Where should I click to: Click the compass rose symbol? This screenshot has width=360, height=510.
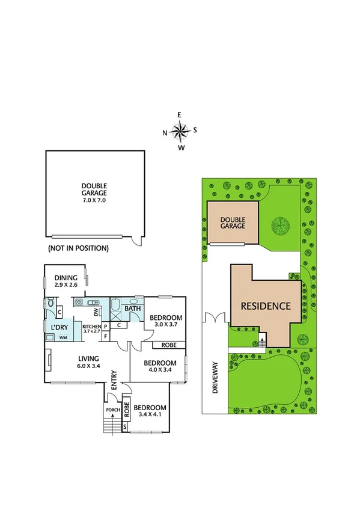pos(179,130)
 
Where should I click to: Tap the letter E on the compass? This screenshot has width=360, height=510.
pos(179,114)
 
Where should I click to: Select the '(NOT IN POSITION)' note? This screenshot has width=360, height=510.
pos(78,248)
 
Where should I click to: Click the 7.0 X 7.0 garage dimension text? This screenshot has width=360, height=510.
pos(94,200)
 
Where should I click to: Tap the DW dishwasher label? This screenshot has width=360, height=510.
pos(96,312)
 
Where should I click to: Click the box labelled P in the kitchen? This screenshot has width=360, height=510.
pos(105,327)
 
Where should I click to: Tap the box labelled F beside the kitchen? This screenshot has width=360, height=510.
pos(106,337)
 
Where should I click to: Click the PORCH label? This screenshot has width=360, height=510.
pos(112,411)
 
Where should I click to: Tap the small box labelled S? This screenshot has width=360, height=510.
pos(125,427)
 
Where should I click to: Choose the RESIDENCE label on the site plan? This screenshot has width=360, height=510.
pos(266,306)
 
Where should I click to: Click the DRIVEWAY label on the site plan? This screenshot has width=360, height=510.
pos(214,377)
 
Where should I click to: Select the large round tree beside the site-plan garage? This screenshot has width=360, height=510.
pos(281,226)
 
